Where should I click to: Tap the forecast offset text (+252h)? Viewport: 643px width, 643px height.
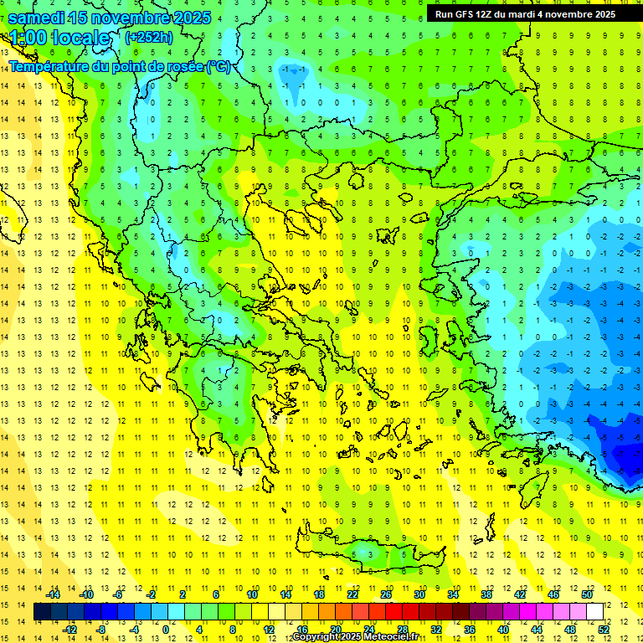[x=149, y=37]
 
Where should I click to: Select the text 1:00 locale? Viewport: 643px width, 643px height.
[x=59, y=38]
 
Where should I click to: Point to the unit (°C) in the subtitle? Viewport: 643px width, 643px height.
[x=218, y=66]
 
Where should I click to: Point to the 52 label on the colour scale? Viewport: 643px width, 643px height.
[x=604, y=629]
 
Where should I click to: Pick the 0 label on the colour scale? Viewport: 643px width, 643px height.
[x=166, y=629]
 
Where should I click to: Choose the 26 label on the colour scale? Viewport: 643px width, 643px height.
[x=386, y=594]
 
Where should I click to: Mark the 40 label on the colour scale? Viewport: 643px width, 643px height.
[x=503, y=629]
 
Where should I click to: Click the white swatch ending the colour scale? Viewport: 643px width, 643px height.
[x=594, y=612]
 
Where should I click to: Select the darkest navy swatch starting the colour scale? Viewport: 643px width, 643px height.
[x=43, y=612]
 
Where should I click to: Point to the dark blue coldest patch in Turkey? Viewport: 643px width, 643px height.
[x=624, y=456]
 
